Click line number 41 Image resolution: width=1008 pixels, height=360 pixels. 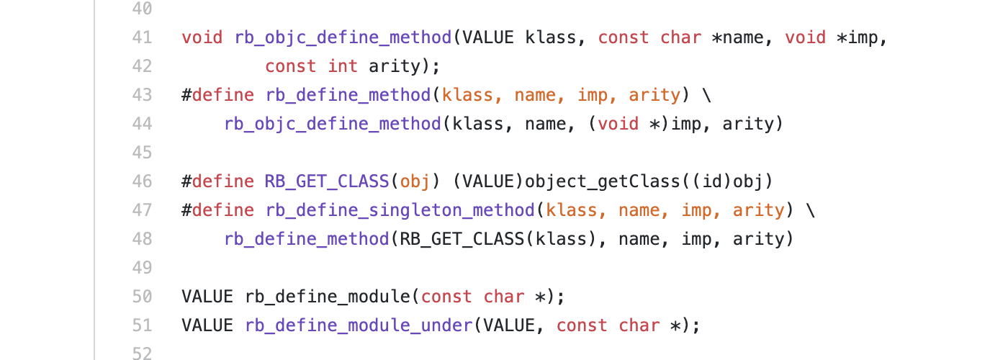tap(142, 37)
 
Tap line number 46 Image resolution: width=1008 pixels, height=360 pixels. tap(142, 181)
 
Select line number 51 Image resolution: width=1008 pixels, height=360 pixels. tap(142, 325)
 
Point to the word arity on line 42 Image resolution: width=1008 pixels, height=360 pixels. tap(395, 66)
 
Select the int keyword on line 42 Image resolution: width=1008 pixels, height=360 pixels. tap(343, 66)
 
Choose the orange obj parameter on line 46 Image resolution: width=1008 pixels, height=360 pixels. tap(415, 181)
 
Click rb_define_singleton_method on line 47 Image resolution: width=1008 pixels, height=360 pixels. tap(400, 210)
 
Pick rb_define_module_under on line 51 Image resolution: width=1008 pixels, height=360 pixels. tap(359, 325)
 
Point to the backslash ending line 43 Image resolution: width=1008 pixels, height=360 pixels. tap(707, 95)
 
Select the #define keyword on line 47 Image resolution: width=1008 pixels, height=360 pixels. tap(218, 210)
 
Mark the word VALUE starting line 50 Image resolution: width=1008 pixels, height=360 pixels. tap(207, 297)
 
